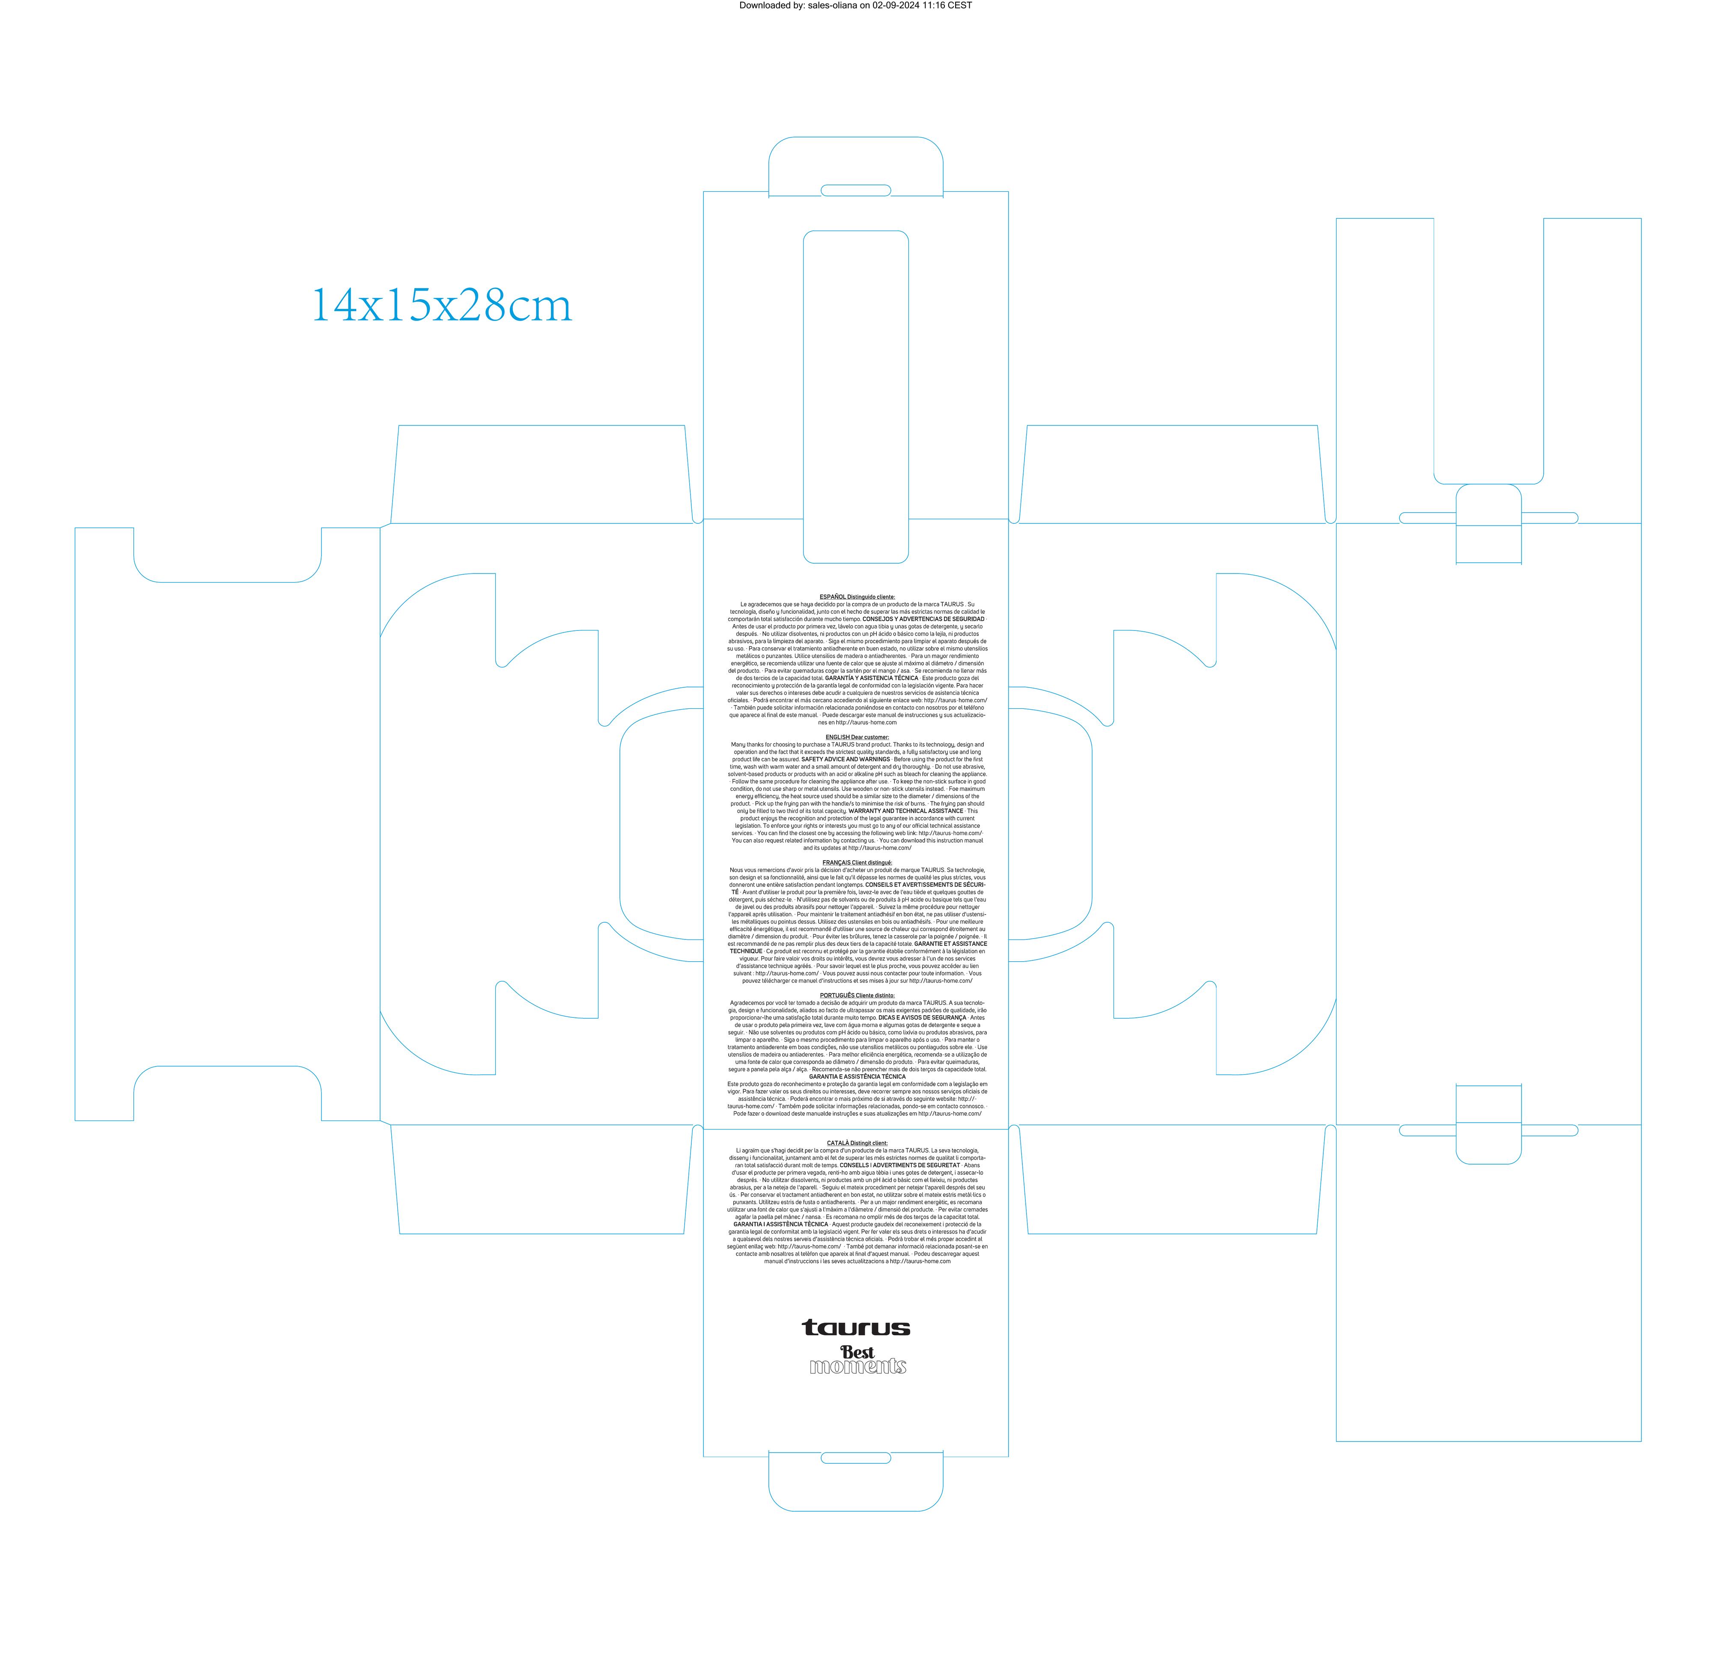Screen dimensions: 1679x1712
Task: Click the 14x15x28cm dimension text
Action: (x=442, y=305)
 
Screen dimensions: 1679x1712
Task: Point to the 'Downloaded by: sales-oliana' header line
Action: (x=855, y=5)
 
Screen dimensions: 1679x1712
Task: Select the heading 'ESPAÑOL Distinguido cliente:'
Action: (x=857, y=597)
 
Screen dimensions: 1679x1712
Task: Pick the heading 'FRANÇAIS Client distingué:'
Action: (x=857, y=862)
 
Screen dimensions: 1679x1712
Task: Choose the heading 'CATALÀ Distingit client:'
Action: (x=857, y=1143)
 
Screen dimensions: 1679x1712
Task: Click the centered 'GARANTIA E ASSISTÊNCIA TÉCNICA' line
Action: (x=857, y=1077)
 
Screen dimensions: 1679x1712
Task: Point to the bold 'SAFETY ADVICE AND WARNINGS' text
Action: (x=845, y=759)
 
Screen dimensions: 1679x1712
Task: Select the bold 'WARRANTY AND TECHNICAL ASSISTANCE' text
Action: (x=905, y=811)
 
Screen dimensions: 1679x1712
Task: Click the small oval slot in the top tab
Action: (x=855, y=190)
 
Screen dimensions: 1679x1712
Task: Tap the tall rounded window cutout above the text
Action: (x=855, y=397)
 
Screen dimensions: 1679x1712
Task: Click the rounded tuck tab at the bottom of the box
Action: (x=855, y=1481)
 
